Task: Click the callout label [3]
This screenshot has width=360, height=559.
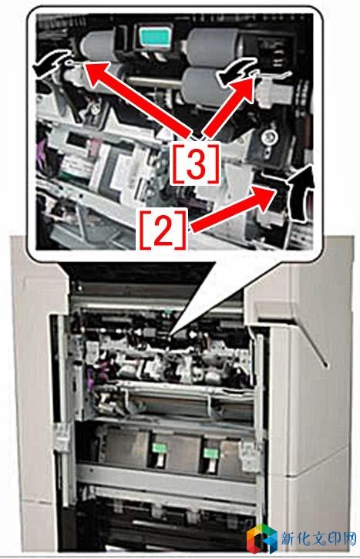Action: coord(195,163)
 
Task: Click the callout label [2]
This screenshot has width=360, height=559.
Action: coord(163,230)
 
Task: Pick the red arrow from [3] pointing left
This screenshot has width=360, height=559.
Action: coord(138,99)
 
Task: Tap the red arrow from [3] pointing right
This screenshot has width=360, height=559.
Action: coord(228,108)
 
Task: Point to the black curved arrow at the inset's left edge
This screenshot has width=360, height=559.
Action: coord(50,63)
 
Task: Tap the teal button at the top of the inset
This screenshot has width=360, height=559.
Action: coord(155,36)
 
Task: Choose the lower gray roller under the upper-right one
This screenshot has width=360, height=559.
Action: coord(204,86)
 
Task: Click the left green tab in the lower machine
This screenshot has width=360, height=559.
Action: coord(158,448)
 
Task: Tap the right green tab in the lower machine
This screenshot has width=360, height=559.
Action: coord(210,453)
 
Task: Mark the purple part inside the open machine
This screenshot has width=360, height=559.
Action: coord(90,377)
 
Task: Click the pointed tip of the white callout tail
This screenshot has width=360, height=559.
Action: coord(170,335)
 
